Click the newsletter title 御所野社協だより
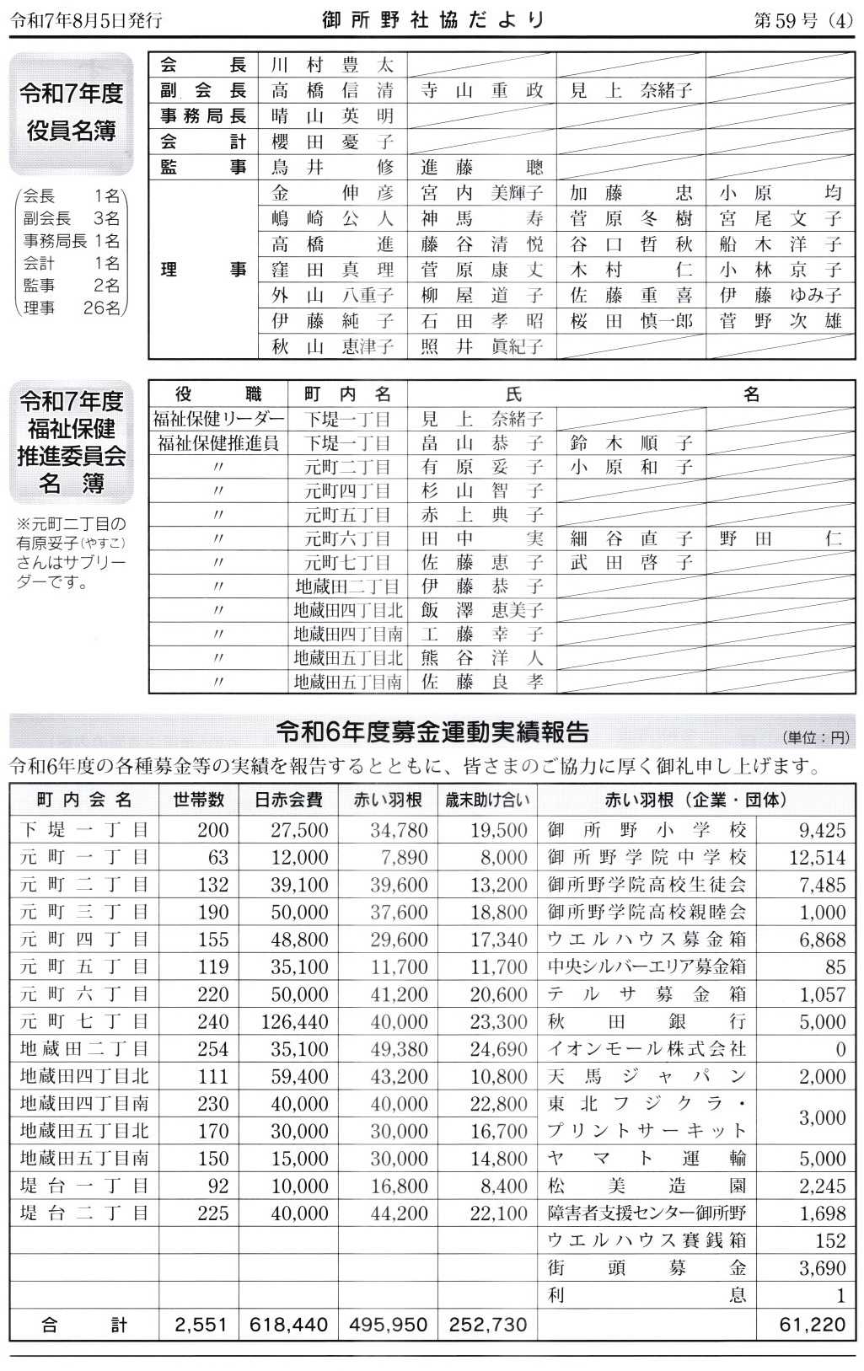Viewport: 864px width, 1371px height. pos(433,19)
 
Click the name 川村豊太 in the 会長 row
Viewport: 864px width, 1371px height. pos(332,66)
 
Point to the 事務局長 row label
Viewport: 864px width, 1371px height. pos(203,116)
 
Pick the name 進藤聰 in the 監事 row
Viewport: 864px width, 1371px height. pos(481,168)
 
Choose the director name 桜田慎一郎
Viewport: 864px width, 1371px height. pos(631,321)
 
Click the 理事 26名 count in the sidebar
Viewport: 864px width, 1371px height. pos(72,308)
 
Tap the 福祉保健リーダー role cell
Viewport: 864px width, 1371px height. pos(218,419)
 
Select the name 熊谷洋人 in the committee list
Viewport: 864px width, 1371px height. pos(481,658)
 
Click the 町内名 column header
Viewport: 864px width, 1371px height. pos(347,394)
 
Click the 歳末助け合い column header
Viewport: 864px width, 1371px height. pos(487,800)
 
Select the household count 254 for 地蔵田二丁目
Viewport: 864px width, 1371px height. pos(212,1049)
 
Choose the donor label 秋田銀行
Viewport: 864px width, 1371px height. pos(646,1021)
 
